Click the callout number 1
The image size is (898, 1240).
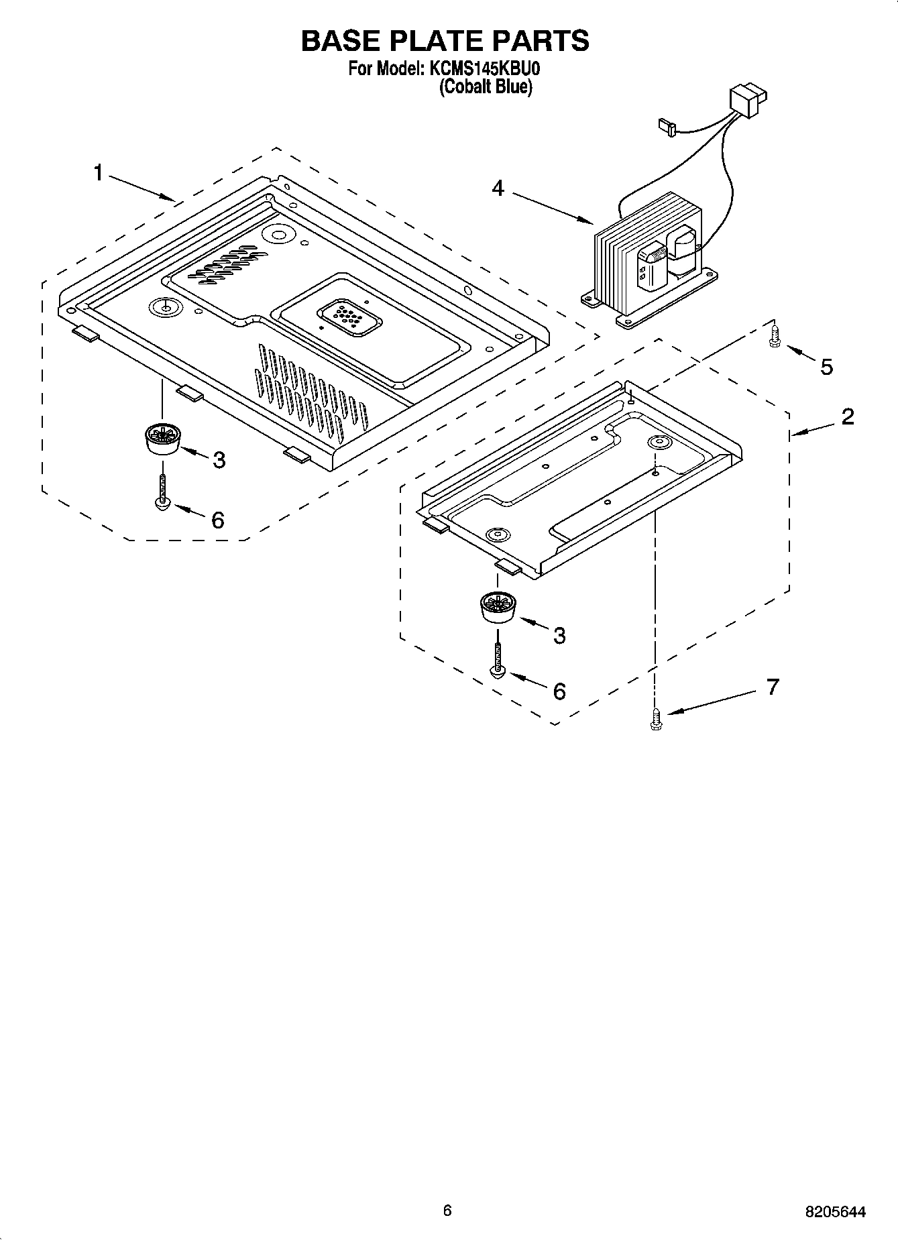click(x=98, y=173)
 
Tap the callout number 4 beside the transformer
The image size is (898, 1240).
click(x=497, y=188)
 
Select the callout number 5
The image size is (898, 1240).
click(x=826, y=367)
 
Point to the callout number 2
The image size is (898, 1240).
click(x=848, y=416)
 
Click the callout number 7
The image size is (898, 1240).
click(x=773, y=687)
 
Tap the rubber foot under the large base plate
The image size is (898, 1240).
click(x=162, y=439)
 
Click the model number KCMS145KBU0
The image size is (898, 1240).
click(x=484, y=69)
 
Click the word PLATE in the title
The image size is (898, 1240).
click(x=444, y=41)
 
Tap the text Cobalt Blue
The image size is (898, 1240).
click(x=486, y=87)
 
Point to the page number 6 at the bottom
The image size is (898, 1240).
click(x=447, y=1209)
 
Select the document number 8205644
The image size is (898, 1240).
click(x=835, y=1212)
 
